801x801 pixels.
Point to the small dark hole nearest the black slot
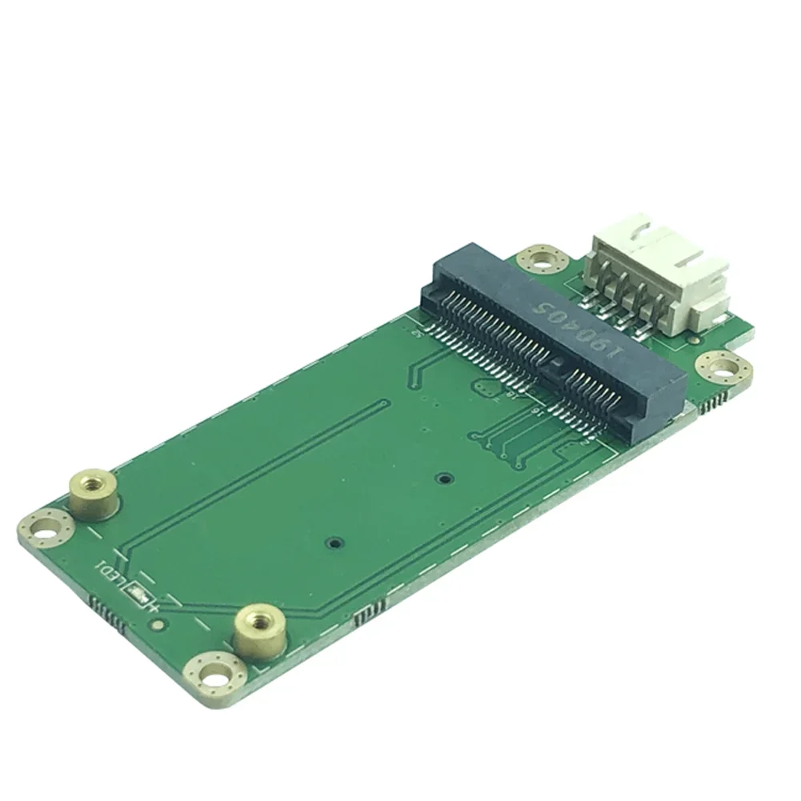point(442,479)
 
